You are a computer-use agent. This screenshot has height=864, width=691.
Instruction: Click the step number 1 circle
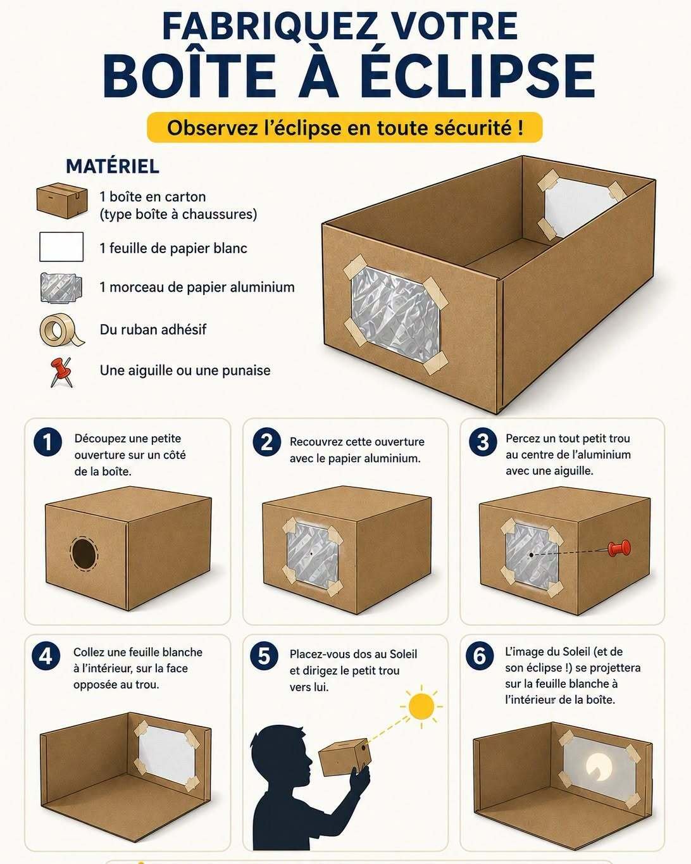[48, 442]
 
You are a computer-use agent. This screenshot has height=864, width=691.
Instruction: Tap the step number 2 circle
[266, 442]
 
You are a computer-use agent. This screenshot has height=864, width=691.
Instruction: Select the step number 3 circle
[483, 442]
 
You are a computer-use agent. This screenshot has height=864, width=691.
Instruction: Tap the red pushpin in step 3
[619, 548]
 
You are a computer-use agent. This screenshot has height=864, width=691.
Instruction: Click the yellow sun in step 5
[421, 706]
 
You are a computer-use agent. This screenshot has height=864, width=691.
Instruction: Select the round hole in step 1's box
[84, 553]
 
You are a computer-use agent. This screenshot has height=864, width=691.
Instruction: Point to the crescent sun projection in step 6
[597, 767]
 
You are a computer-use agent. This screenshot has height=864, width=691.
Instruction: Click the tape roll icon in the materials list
[61, 330]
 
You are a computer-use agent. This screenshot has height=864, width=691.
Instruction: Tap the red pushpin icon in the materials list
[61, 372]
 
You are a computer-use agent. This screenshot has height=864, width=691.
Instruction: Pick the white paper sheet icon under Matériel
[61, 247]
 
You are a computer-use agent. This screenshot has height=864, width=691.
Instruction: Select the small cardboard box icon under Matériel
[62, 201]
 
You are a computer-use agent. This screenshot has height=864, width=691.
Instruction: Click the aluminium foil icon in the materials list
[61, 287]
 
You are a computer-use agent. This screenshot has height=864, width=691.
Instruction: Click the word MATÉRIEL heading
[113, 166]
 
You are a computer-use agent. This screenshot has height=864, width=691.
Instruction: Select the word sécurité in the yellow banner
[474, 128]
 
